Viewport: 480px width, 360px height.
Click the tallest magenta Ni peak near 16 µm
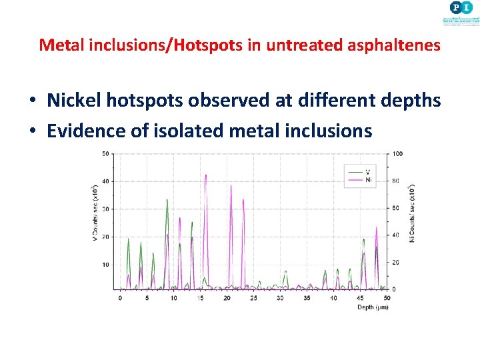[206, 176]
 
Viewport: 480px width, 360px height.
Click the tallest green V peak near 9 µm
[167, 200]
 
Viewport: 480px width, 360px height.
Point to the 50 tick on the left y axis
[106, 154]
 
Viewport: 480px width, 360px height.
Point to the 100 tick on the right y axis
[398, 154]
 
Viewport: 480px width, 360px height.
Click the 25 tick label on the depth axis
[253, 298]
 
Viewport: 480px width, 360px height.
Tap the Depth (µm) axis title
[373, 307]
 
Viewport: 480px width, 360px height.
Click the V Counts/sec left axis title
[95, 211]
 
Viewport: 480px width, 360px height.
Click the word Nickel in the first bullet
[76, 101]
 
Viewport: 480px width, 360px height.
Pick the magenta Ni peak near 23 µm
[243, 200]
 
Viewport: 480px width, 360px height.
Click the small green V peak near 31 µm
[285, 272]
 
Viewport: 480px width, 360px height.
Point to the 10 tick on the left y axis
[106, 265]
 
